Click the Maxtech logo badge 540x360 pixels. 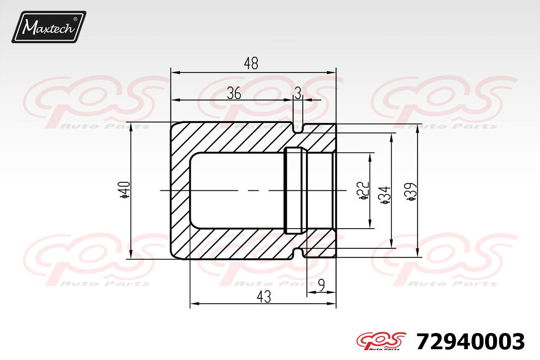tap(49, 27)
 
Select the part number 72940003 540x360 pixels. tap(470, 342)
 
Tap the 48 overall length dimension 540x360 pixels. tap(251, 63)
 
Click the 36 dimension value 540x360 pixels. tap(234, 93)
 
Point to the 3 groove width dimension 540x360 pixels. tap(298, 93)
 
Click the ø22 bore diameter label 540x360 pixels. tap(364, 190)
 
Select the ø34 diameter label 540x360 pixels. tap(385, 195)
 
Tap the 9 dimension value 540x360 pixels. tap(321, 285)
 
